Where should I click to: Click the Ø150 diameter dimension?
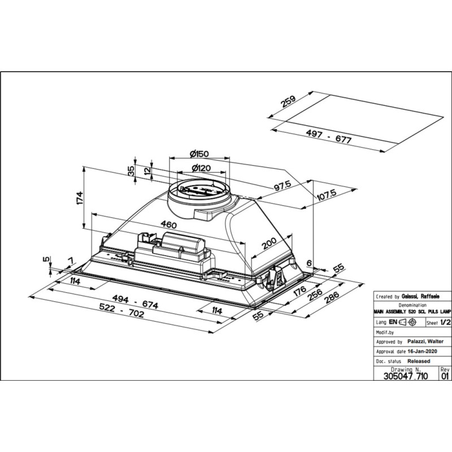pyautogui.click(x=200, y=153)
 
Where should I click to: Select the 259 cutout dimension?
pyautogui.click(x=288, y=103)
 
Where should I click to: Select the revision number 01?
pyautogui.click(x=445, y=375)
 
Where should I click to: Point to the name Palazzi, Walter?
pyautogui.click(x=425, y=341)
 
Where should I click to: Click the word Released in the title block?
pyautogui.click(x=418, y=360)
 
